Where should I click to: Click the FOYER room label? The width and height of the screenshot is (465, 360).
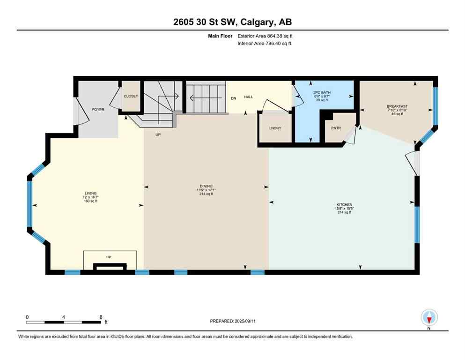click(98, 109)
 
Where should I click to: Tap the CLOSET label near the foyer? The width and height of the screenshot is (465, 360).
click(131, 96)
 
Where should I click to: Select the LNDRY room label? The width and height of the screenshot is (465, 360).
click(275, 128)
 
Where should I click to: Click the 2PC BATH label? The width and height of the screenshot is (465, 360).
click(322, 93)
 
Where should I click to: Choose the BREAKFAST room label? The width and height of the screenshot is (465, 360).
click(397, 106)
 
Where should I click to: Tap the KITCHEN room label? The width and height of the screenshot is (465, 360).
click(344, 205)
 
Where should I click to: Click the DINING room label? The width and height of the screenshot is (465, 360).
click(206, 186)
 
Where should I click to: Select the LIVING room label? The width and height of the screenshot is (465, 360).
click(90, 193)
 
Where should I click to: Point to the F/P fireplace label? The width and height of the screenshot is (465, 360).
click(109, 257)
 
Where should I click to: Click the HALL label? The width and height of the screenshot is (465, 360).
click(249, 97)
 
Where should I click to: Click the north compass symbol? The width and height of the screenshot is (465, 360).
click(429, 317)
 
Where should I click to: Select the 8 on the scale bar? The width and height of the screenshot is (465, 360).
click(101, 317)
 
